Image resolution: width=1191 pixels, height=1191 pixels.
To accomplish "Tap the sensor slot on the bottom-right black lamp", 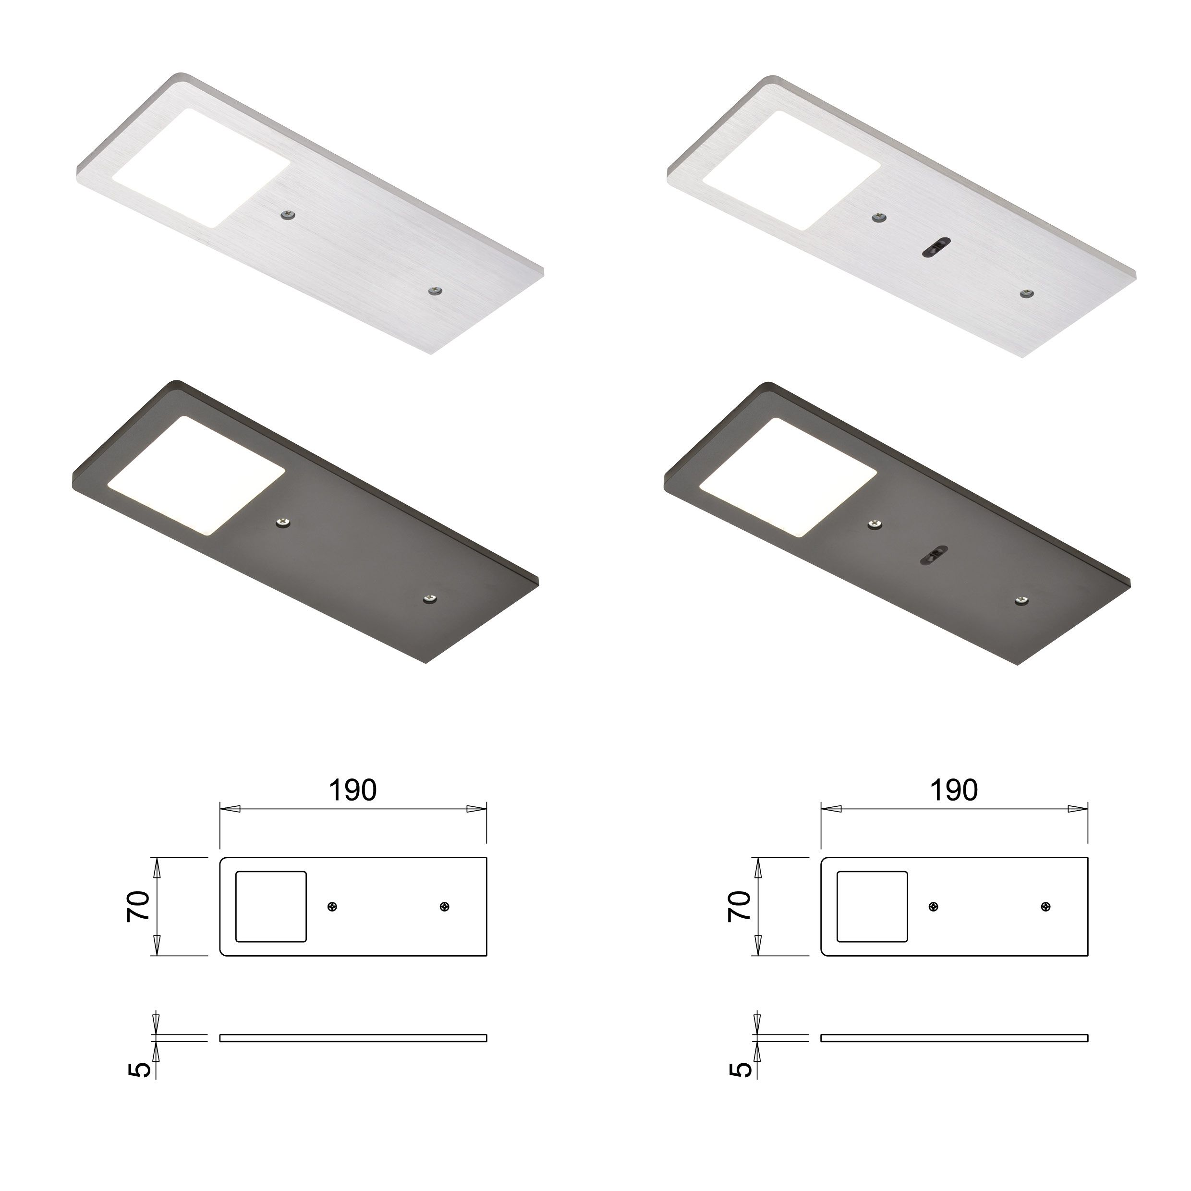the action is click(935, 554).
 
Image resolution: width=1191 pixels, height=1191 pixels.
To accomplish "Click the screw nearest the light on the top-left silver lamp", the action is click(287, 215).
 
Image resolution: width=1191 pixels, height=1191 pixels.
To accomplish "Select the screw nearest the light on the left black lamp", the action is click(283, 523).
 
